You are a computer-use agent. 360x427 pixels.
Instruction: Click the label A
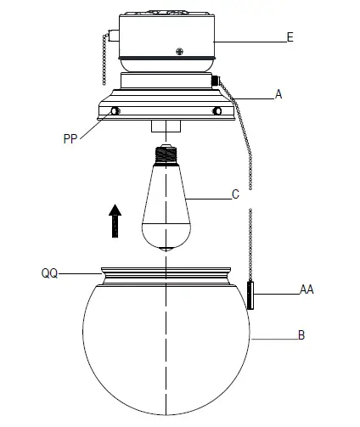(278, 96)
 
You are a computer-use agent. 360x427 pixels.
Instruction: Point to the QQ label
(49, 274)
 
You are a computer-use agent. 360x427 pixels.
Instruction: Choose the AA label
(307, 290)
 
